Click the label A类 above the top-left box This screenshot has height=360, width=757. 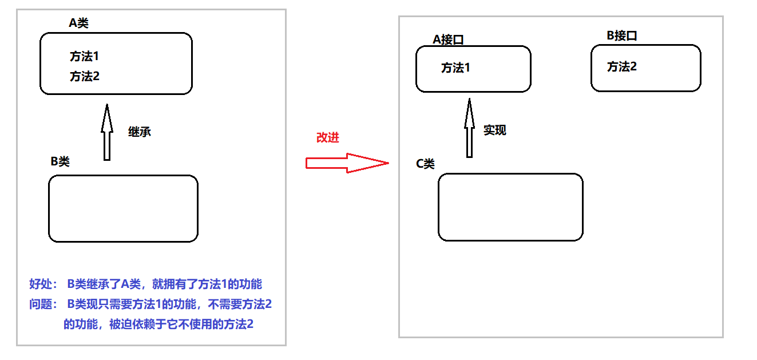click(x=78, y=23)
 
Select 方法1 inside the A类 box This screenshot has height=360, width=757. click(x=85, y=57)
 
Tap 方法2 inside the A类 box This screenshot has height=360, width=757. click(x=85, y=76)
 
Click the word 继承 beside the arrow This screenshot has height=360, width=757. click(x=140, y=132)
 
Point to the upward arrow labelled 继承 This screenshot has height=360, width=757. click(x=106, y=132)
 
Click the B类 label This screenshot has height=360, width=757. click(x=60, y=162)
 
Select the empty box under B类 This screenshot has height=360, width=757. click(x=123, y=208)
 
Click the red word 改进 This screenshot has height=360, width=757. click(x=328, y=138)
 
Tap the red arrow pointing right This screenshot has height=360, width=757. click(x=347, y=163)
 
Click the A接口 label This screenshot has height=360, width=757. click(x=448, y=39)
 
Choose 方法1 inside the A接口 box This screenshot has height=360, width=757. click(x=455, y=68)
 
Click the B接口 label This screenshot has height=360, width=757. click(x=622, y=35)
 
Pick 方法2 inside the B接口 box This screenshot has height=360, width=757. click(x=622, y=67)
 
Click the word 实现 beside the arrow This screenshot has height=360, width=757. click(x=495, y=130)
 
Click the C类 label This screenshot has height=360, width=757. click(x=425, y=164)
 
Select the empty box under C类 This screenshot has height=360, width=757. click(x=510, y=207)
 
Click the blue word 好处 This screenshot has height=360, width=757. click(x=40, y=284)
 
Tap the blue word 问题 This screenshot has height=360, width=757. click(x=40, y=304)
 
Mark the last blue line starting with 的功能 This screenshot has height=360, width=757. click(x=158, y=325)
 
